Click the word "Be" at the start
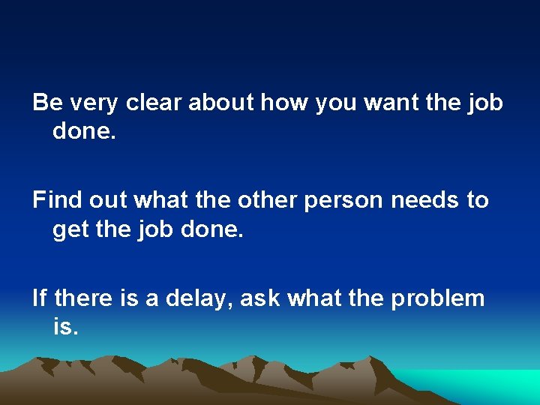[46, 103]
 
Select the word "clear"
[153, 103]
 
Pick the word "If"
[39, 298]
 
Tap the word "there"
[84, 298]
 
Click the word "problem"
[437, 298]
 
